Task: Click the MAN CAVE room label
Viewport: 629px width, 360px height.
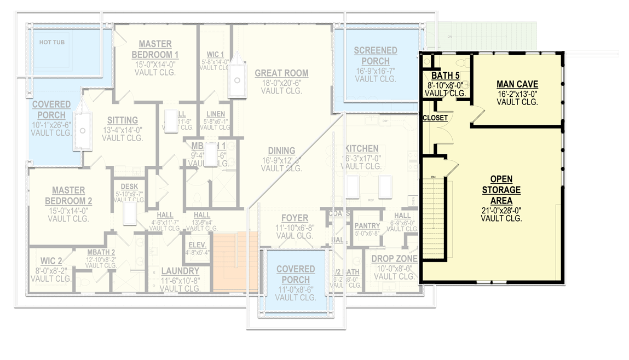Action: point(517,84)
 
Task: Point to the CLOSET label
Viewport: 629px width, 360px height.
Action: point(435,118)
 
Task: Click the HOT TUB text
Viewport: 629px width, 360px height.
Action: point(52,42)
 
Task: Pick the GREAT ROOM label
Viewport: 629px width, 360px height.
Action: point(281,73)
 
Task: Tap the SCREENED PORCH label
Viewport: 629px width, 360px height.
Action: point(375,56)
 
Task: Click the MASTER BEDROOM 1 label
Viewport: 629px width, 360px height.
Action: point(155,49)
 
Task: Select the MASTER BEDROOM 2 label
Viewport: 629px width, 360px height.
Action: point(68,195)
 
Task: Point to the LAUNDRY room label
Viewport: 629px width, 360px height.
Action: point(180,271)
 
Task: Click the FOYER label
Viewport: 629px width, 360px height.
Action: point(295,218)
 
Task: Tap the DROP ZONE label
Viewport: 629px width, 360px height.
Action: point(394,259)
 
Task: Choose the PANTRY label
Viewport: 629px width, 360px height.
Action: point(367,225)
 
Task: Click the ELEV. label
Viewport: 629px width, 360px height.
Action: point(198,245)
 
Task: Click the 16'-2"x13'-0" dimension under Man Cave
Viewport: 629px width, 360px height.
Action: point(517,93)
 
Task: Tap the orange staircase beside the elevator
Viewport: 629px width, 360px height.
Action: point(235,262)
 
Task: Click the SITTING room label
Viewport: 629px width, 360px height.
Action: point(122,120)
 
